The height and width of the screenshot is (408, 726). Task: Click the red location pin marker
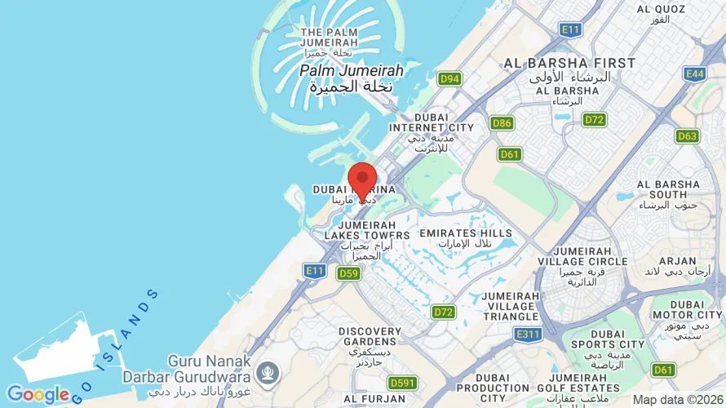click(x=362, y=180)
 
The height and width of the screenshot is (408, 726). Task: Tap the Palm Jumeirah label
click(x=352, y=71)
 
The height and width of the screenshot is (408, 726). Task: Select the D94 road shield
click(x=449, y=79)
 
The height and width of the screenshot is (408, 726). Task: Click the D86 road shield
click(x=502, y=123)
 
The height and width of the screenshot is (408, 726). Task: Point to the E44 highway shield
click(x=695, y=74)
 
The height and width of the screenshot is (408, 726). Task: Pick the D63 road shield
click(x=688, y=136)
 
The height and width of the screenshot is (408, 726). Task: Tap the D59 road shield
click(x=348, y=273)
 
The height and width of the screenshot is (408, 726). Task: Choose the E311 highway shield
click(x=529, y=334)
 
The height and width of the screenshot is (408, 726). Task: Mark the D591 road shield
click(x=403, y=383)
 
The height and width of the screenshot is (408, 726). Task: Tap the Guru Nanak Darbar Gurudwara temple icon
click(x=266, y=374)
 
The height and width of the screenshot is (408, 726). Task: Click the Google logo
click(x=38, y=395)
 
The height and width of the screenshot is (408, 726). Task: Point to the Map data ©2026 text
click(x=678, y=400)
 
